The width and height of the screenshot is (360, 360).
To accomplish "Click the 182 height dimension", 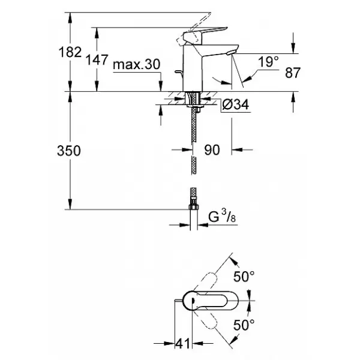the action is [70, 52].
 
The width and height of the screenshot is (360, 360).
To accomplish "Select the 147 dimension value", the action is [97, 60].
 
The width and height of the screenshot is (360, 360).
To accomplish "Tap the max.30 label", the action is [137, 65].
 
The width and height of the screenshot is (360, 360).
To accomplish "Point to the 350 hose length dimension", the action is [69, 151].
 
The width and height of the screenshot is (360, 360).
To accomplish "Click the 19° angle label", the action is [268, 62].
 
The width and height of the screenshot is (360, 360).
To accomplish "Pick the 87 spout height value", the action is [293, 73].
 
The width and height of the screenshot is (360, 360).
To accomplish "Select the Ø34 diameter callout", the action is [236, 104].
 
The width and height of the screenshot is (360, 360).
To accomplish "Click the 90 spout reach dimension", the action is [212, 150].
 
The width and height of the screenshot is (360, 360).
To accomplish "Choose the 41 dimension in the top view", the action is [183, 344].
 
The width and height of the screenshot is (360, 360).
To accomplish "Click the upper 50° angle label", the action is [244, 276].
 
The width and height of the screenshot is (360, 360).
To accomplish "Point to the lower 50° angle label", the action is [244, 325].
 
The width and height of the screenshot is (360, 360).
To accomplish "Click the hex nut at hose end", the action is [194, 207].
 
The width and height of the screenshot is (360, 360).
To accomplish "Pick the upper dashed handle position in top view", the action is [206, 281].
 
